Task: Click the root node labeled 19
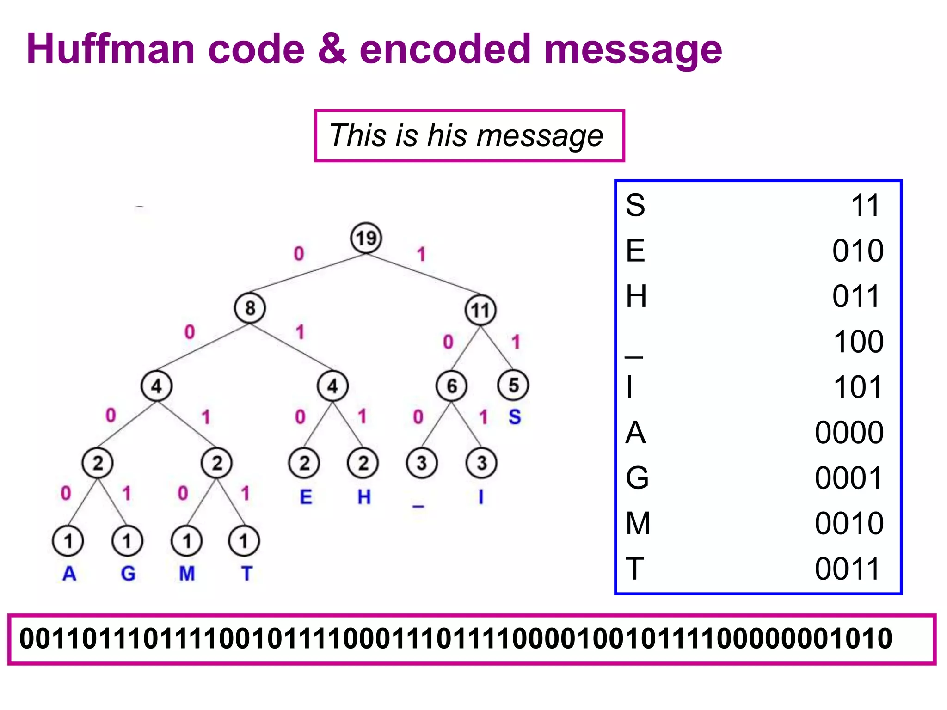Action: (x=366, y=238)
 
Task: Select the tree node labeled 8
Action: (x=250, y=308)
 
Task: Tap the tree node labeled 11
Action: (x=480, y=310)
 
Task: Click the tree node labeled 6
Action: (x=451, y=386)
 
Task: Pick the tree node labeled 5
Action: (x=513, y=385)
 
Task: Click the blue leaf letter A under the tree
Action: (x=69, y=574)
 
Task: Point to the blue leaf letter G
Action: (x=128, y=574)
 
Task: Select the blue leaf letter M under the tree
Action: (x=187, y=574)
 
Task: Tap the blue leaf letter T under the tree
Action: (x=246, y=574)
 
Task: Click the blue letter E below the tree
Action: (x=306, y=497)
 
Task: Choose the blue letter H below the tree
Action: (x=364, y=497)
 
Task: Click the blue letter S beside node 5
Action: (x=515, y=417)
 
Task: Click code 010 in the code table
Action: (x=858, y=251)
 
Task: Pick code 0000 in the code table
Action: (x=849, y=433)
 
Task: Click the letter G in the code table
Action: (x=637, y=478)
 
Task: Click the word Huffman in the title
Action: (x=111, y=49)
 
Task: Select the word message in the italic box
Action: (x=540, y=136)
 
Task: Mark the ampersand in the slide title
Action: (x=332, y=49)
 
